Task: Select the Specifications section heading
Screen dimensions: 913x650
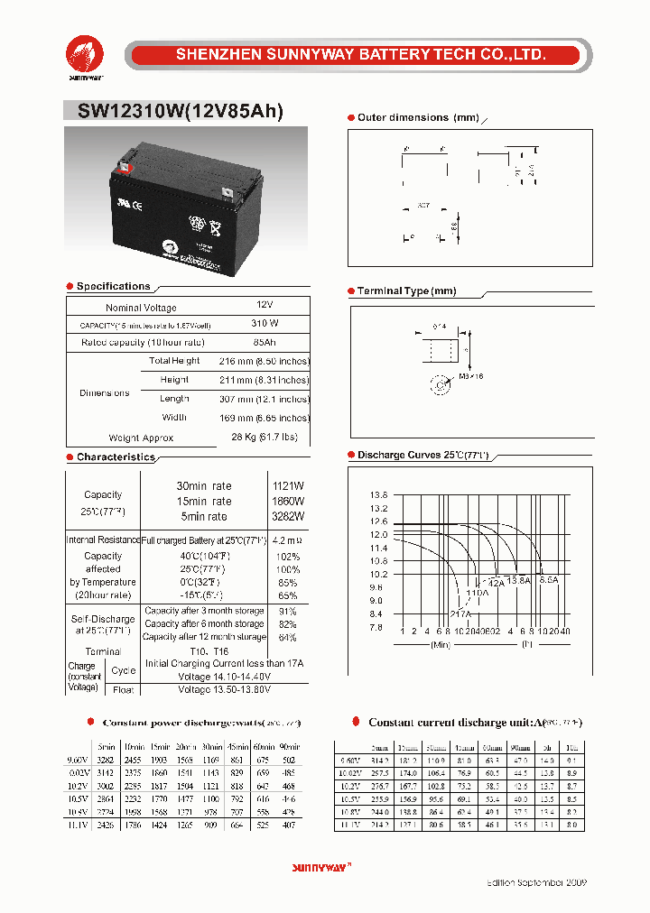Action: (x=113, y=287)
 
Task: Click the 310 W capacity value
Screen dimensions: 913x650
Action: (x=264, y=324)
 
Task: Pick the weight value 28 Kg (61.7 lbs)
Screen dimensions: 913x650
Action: (x=264, y=438)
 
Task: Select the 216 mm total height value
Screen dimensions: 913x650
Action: (x=264, y=361)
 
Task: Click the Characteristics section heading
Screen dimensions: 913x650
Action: (x=116, y=457)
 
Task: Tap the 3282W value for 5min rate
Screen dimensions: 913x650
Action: (x=289, y=517)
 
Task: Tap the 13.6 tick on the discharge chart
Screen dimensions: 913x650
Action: (x=378, y=495)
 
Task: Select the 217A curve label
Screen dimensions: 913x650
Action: (x=460, y=613)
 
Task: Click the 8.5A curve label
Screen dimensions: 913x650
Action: (x=548, y=580)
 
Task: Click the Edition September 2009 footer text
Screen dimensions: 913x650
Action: (x=537, y=881)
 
